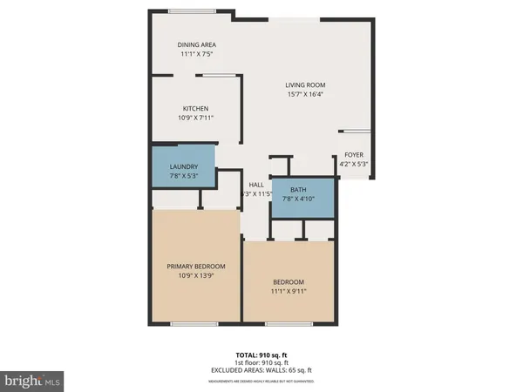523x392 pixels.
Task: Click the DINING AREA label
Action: point(197,44)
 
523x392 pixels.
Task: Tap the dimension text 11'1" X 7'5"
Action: point(197,54)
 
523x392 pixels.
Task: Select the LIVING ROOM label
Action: point(305,85)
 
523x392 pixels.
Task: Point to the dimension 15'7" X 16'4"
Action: point(305,95)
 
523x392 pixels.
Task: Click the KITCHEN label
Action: point(195,108)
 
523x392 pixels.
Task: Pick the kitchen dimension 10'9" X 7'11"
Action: point(195,118)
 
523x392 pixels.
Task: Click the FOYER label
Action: point(353,155)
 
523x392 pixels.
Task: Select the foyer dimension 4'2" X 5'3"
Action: point(353,165)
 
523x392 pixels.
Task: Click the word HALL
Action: point(256,185)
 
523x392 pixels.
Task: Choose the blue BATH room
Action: point(302,196)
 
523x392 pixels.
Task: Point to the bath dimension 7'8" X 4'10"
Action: point(298,199)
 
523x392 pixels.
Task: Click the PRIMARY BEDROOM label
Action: point(196,267)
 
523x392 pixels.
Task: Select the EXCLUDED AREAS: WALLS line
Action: point(261,370)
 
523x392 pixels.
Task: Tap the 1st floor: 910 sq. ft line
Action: point(261,362)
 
